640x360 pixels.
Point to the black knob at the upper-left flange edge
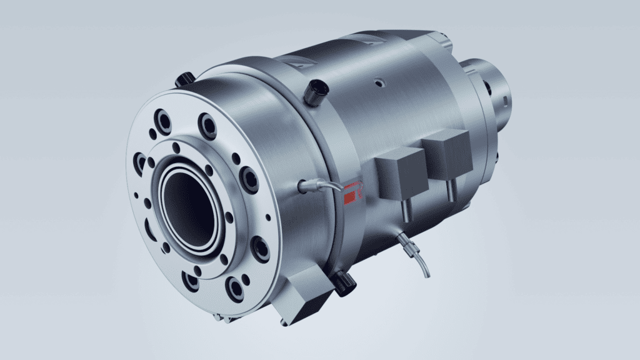point(184,79)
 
